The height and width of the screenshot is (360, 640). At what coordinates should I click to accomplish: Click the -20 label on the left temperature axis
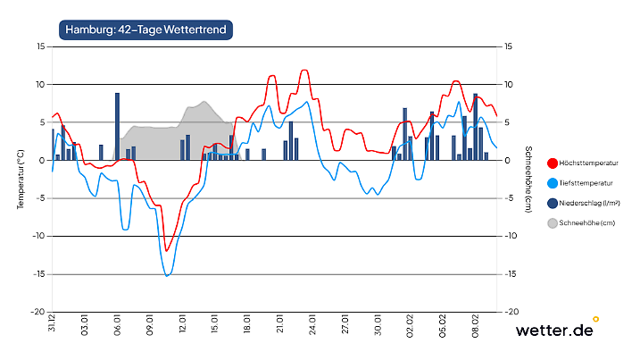coord(38,313)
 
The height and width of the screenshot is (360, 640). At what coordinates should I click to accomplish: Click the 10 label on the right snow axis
coord(510,85)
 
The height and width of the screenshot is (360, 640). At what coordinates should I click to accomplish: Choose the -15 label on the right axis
coord(511,274)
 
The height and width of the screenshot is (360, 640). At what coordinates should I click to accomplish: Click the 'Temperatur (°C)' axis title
coord(20,179)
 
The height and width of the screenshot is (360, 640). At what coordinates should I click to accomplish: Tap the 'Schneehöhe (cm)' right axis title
coord(528,179)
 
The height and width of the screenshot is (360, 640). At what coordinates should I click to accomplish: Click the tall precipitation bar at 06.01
coord(117,126)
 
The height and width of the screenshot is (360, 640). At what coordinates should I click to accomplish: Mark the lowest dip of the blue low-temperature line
coord(167,276)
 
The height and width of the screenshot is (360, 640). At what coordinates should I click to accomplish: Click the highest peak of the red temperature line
coord(304,70)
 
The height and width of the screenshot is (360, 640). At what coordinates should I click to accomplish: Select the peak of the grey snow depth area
coord(204,102)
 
